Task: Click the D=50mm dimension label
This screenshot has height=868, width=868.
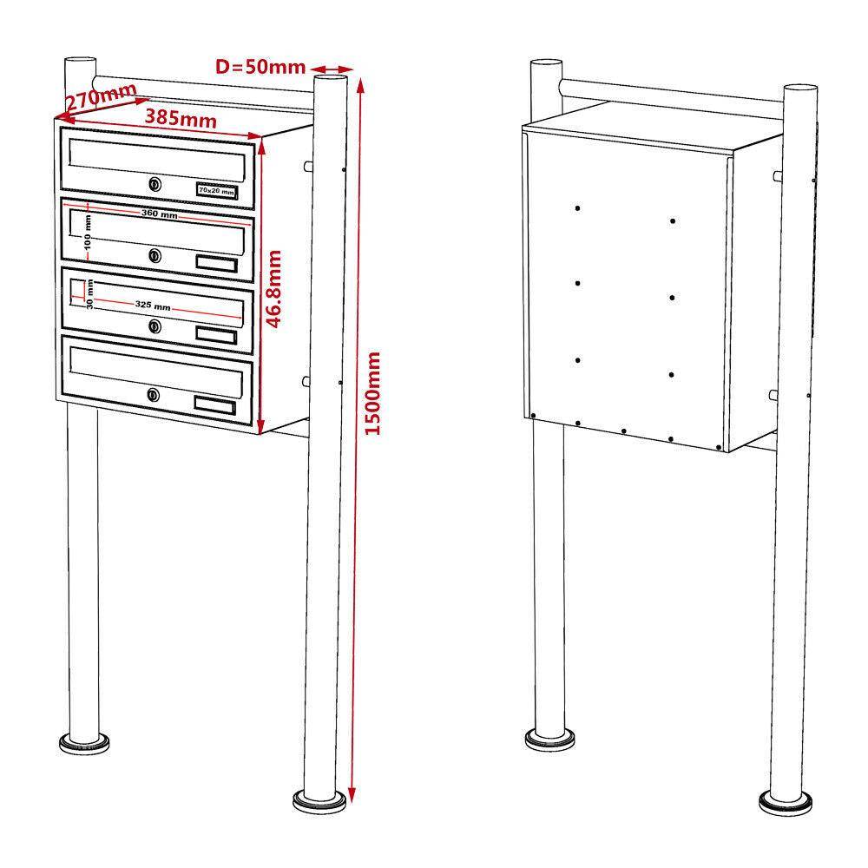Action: click(x=260, y=67)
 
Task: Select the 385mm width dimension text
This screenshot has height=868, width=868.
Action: click(x=181, y=118)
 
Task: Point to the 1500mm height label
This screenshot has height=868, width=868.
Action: click(x=373, y=393)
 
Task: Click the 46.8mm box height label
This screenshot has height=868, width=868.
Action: click(x=274, y=288)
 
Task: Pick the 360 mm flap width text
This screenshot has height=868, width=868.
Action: click(x=160, y=214)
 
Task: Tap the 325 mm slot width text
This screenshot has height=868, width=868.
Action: click(x=153, y=305)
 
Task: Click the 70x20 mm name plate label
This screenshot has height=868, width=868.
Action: click(x=216, y=191)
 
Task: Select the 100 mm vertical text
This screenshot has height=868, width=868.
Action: click(x=88, y=233)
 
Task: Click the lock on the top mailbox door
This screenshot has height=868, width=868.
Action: click(x=155, y=184)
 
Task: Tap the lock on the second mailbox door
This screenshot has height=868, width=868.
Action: click(x=155, y=255)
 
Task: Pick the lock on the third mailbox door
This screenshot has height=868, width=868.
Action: click(x=155, y=326)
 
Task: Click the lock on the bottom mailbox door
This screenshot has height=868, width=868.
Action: click(x=154, y=395)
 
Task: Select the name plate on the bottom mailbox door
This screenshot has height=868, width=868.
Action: click(x=214, y=404)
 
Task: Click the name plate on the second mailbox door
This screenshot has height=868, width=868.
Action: click(x=216, y=264)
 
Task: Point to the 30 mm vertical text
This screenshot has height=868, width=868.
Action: click(x=89, y=294)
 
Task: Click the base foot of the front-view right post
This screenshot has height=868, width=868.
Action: click(x=319, y=802)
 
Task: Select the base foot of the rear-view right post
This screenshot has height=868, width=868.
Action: click(x=786, y=803)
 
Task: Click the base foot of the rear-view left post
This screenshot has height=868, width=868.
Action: click(x=549, y=739)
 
